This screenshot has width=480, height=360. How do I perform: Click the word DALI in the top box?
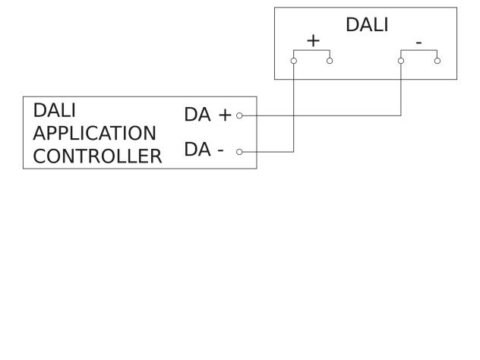tap(367, 24)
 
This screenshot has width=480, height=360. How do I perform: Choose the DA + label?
tap(207, 115)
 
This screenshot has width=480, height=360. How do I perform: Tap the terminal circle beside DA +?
tap(239, 115)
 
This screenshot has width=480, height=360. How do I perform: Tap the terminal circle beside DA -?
tap(239, 152)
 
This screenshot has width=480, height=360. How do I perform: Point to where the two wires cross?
tap(294, 115)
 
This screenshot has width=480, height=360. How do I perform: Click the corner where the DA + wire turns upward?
tap(401, 115)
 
